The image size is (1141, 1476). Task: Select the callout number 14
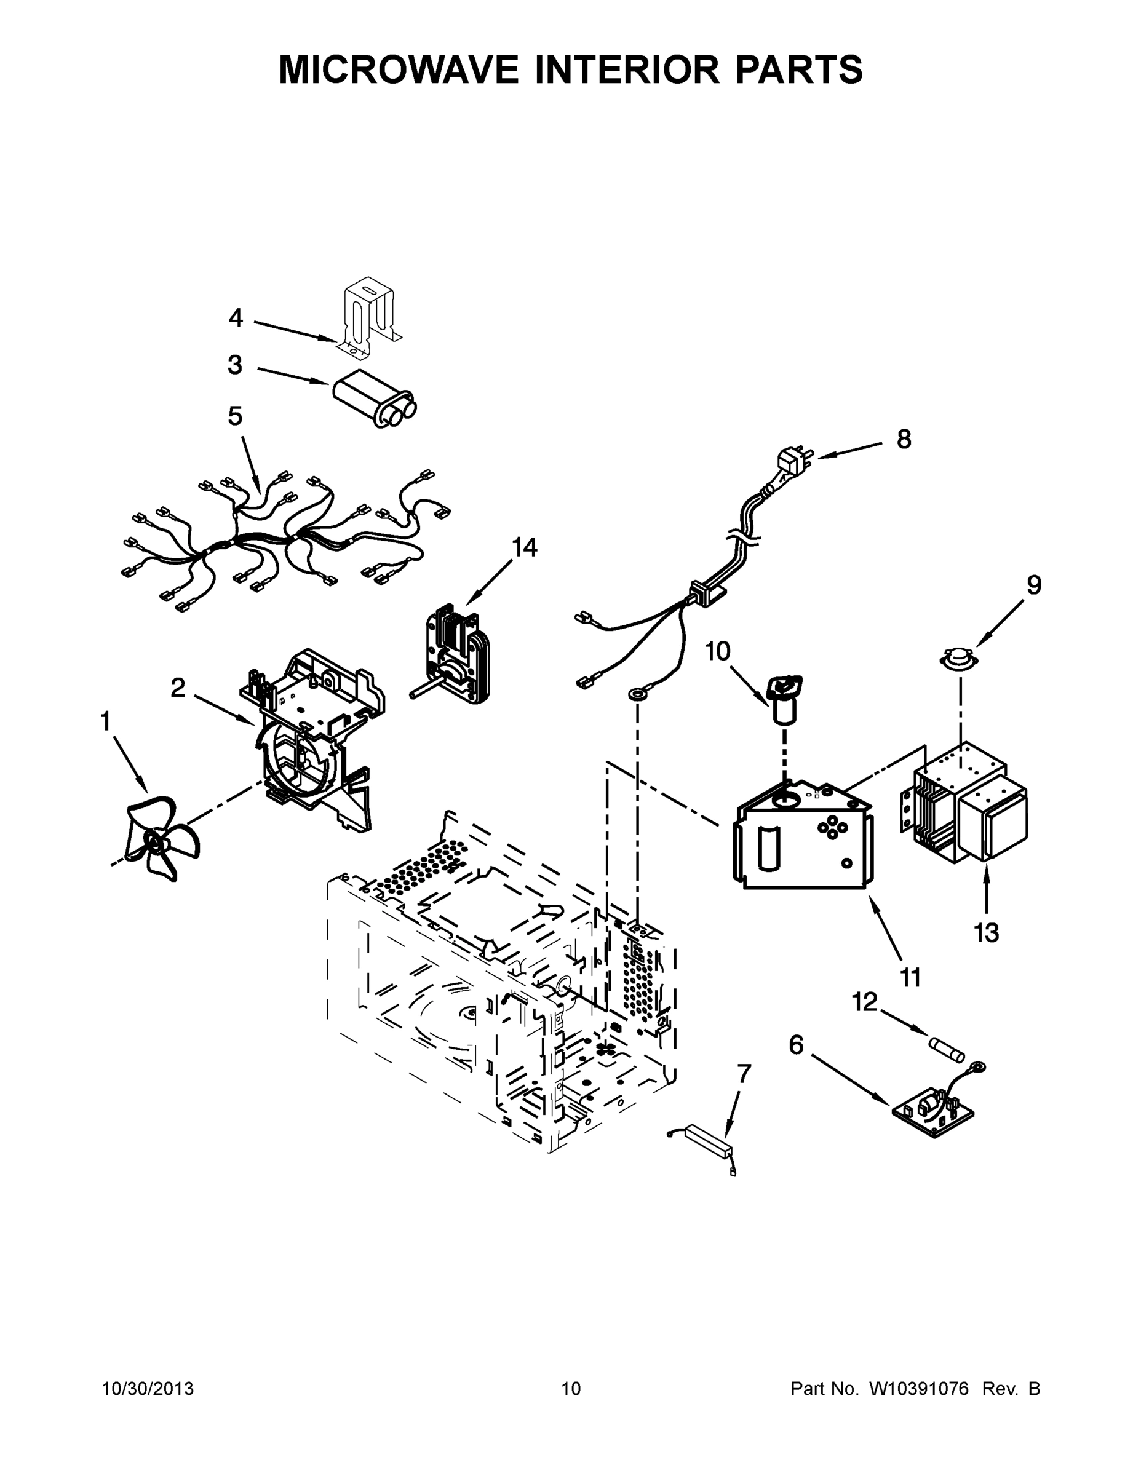524,547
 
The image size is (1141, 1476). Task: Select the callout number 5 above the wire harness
234,416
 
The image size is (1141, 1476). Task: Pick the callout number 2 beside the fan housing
177,689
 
